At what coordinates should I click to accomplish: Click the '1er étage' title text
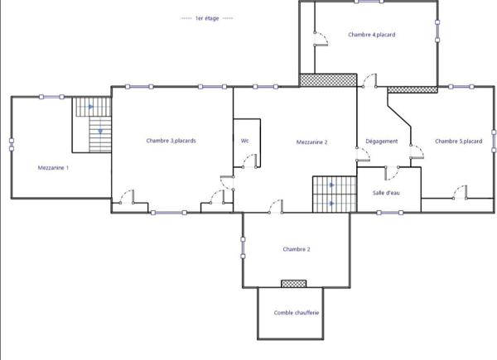(207, 18)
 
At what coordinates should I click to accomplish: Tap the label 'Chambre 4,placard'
(372, 35)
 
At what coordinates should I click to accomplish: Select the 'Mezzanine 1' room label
(53, 168)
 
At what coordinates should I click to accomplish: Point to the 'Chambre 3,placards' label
(171, 141)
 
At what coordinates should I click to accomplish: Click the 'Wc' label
(244, 141)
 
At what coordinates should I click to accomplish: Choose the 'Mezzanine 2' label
(312, 142)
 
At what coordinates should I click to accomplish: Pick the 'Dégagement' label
(382, 142)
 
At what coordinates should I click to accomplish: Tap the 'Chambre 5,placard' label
(458, 142)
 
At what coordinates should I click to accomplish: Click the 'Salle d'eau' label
(386, 193)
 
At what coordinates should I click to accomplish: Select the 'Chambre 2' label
(297, 249)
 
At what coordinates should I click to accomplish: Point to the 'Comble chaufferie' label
(297, 313)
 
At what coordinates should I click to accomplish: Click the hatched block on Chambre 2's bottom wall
(293, 284)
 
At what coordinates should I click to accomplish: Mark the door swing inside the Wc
(241, 162)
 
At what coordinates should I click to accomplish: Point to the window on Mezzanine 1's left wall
(12, 142)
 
